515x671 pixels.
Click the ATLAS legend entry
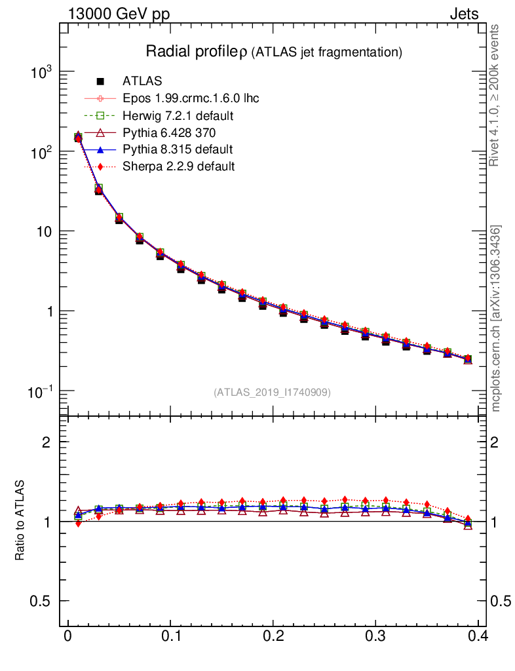click(142, 82)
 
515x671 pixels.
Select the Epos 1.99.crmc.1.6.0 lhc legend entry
click(191, 99)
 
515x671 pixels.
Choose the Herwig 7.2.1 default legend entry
click(178, 116)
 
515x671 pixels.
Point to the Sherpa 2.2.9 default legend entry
click(178, 166)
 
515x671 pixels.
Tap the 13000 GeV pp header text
click(119, 14)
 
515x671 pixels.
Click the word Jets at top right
click(463, 14)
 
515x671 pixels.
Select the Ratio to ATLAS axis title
click(20, 520)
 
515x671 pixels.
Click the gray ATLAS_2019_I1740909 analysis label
click(273, 393)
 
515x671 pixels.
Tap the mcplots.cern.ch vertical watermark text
click(497, 318)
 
